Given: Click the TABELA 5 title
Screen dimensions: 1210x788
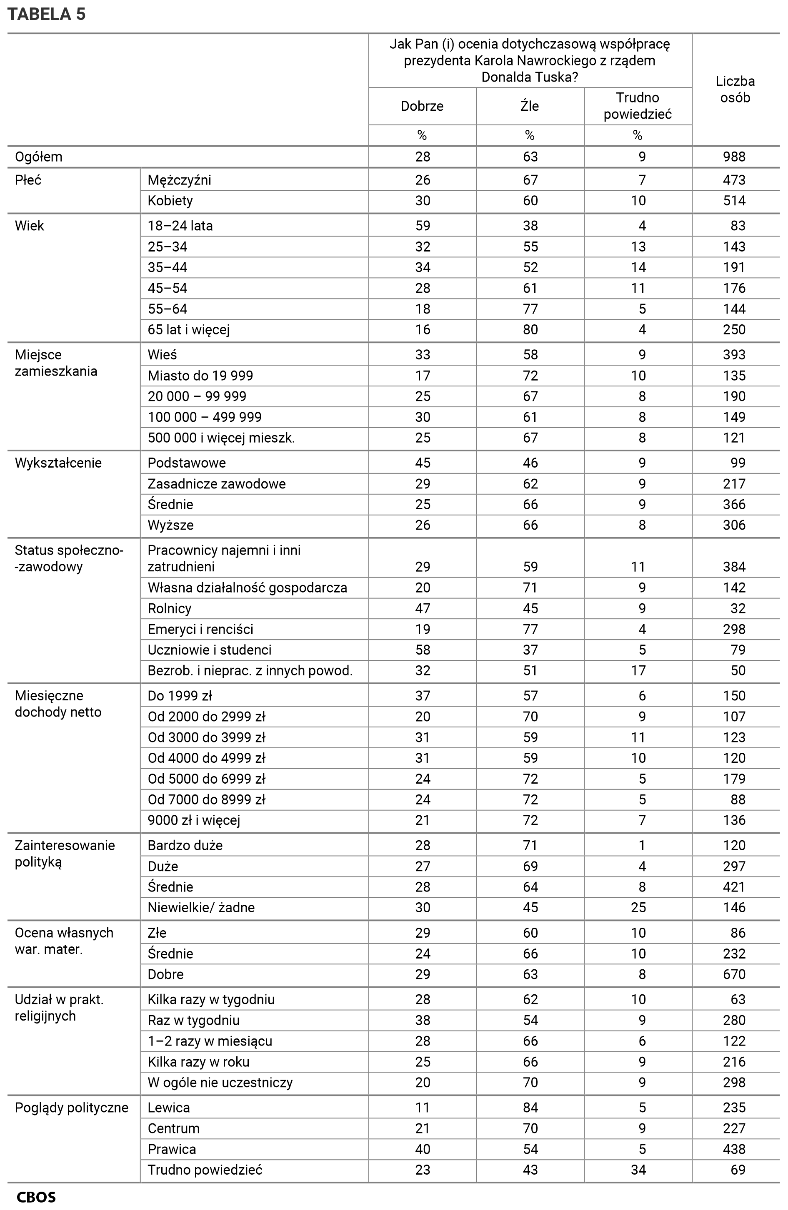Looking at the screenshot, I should click(x=46, y=14).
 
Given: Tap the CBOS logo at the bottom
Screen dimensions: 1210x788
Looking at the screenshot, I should click(x=35, y=1197).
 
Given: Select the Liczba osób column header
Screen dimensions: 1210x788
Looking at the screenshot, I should click(x=735, y=90).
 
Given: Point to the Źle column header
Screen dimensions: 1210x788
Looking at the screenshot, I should click(x=530, y=106).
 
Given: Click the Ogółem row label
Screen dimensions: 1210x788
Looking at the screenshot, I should click(x=39, y=157).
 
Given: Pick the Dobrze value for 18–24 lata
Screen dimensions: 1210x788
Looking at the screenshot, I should click(x=422, y=226).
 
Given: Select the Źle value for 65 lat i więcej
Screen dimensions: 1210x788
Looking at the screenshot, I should click(x=530, y=329).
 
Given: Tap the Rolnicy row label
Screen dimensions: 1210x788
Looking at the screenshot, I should click(x=170, y=609).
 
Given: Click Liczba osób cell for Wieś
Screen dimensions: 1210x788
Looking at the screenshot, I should click(x=734, y=354).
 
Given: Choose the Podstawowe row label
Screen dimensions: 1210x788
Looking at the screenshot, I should click(x=187, y=463).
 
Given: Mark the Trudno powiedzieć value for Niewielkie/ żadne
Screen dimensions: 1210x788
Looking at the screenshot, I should click(x=638, y=908).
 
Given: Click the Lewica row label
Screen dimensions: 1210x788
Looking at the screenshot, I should click(x=168, y=1107).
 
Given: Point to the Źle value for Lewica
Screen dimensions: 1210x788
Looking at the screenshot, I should click(x=530, y=1107).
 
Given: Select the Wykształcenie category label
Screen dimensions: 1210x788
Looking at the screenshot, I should click(x=58, y=463).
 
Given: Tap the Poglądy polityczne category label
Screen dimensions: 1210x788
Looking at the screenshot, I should click(x=71, y=1107).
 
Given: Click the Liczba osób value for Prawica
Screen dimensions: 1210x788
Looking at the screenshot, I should click(x=734, y=1149).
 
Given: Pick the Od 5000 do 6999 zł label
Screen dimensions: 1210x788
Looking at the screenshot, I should click(x=207, y=779).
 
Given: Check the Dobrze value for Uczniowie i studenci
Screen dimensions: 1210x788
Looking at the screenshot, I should click(x=422, y=650).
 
